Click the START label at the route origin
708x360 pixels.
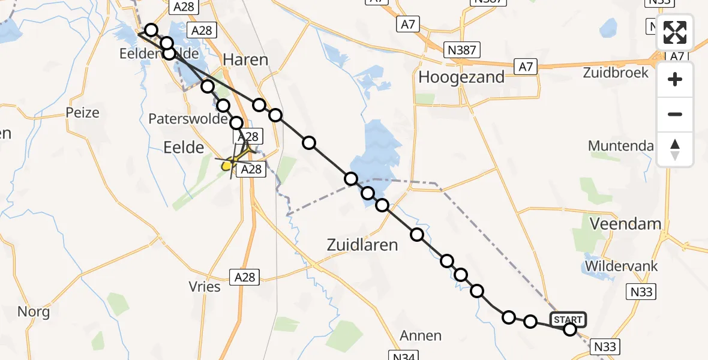tap(567, 319)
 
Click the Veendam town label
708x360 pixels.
tap(626, 224)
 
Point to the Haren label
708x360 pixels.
tap(245, 59)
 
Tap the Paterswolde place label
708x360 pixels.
tap(187, 119)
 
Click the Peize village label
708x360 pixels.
tap(83, 112)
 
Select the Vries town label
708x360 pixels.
tap(205, 286)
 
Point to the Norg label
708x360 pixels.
tap(34, 311)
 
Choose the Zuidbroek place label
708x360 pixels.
tap(615, 73)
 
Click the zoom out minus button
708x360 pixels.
tap(675, 114)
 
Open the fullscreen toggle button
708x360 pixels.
tap(675, 32)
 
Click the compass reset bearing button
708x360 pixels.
tap(675, 149)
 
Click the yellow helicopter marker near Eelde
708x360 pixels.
tap(227, 165)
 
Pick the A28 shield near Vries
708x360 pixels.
tap(245, 277)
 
